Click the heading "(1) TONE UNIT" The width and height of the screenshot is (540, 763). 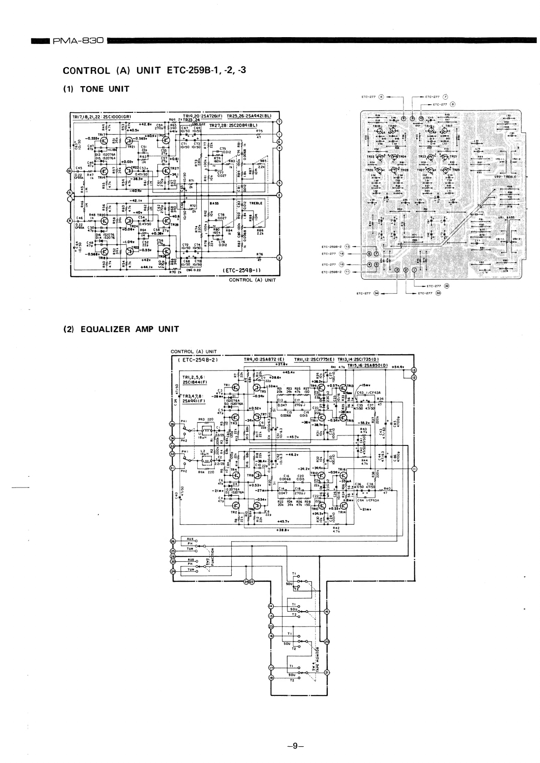tap(96, 89)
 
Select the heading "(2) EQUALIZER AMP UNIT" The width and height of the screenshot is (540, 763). tap(121, 329)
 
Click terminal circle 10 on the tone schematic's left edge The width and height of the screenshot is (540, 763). tap(69, 171)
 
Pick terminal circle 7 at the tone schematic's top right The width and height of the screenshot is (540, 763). tap(279, 121)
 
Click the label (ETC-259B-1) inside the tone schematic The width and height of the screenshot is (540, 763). tap(241, 271)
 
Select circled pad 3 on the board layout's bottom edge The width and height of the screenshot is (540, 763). tap(397, 270)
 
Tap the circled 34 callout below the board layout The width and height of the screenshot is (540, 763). tap(376, 293)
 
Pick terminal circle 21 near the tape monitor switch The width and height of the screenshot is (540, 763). tap(327, 672)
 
